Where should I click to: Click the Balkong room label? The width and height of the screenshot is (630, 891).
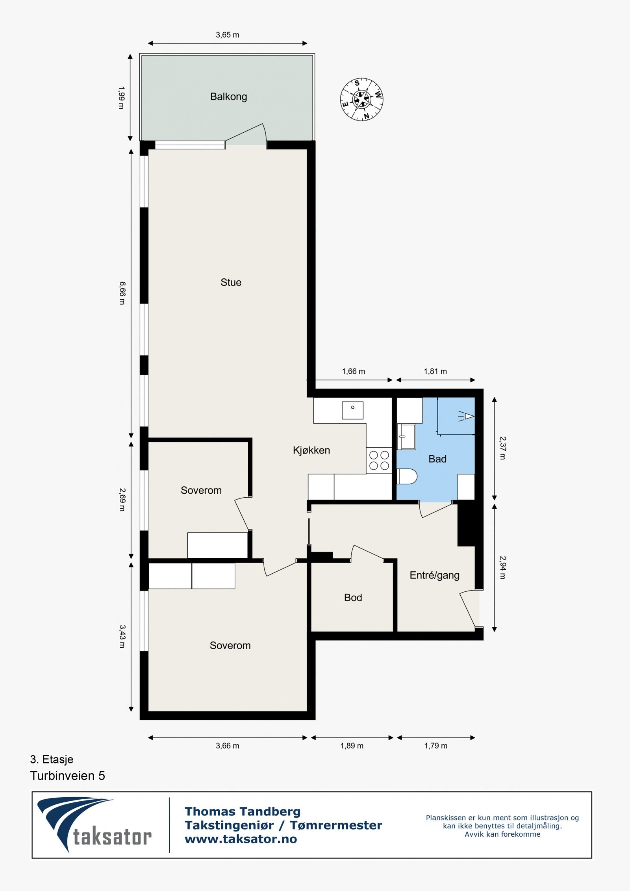click(228, 97)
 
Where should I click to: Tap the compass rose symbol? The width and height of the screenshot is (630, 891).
click(361, 99)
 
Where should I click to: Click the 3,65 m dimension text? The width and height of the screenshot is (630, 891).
click(227, 35)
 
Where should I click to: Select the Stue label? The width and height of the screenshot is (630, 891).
click(231, 282)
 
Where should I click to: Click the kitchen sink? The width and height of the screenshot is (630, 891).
click(352, 410)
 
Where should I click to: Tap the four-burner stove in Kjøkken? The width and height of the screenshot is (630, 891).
click(379, 460)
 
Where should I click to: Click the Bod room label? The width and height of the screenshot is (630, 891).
click(353, 598)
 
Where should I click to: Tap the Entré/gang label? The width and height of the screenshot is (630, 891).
click(434, 575)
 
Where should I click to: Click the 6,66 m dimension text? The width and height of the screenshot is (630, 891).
click(122, 293)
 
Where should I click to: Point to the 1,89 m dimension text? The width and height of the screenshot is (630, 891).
click(352, 746)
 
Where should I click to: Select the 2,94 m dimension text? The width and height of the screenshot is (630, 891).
click(502, 567)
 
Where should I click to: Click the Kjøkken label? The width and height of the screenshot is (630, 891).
click(311, 450)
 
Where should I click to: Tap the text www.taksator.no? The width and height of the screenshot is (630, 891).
click(241, 839)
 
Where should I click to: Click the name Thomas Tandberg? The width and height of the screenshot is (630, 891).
click(243, 811)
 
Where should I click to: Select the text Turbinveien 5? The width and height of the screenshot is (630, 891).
click(68, 776)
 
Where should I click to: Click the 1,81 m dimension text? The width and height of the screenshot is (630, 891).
click(435, 371)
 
